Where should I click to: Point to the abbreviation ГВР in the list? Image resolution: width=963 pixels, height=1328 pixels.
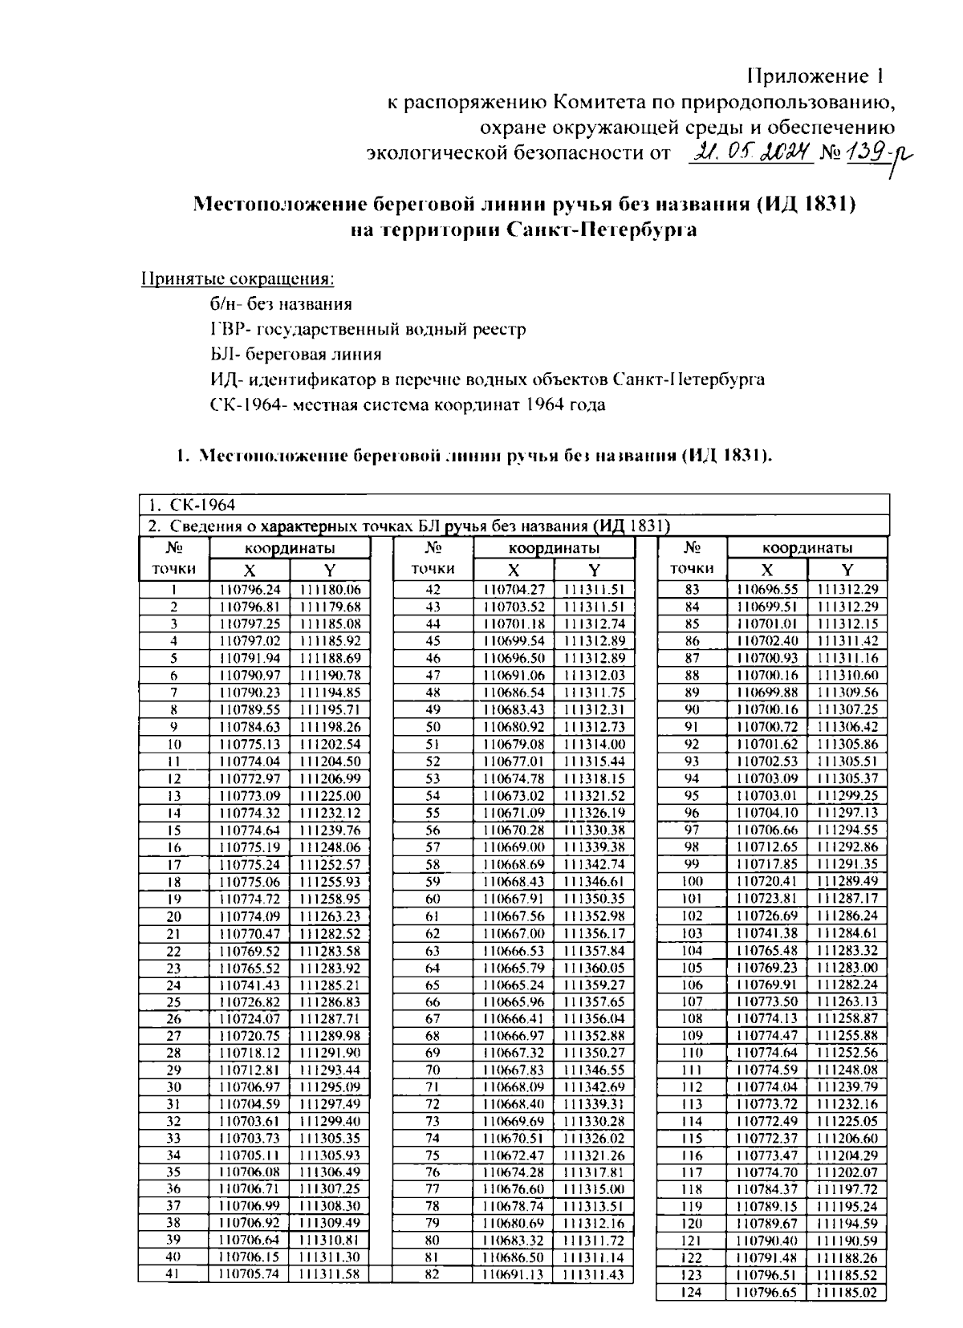(224, 329)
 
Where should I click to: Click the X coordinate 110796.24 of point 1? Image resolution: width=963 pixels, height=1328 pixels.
(250, 590)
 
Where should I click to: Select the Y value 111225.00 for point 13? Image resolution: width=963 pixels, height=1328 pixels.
(330, 796)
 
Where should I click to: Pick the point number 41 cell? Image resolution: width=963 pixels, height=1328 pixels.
(173, 1274)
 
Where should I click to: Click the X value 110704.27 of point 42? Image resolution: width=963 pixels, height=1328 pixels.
(514, 590)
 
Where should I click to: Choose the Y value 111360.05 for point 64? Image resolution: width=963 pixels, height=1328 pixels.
(594, 968)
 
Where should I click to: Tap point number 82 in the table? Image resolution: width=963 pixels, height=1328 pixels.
(433, 1274)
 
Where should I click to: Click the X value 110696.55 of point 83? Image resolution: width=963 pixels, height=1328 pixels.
(767, 590)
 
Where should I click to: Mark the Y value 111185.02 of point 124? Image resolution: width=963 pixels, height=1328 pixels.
(847, 1292)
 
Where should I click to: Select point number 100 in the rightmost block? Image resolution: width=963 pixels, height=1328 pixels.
(692, 882)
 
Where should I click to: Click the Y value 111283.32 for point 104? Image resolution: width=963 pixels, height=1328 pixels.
(847, 950)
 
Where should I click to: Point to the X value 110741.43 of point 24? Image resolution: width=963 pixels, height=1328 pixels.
(250, 985)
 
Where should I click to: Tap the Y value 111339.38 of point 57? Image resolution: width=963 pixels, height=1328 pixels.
(594, 847)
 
